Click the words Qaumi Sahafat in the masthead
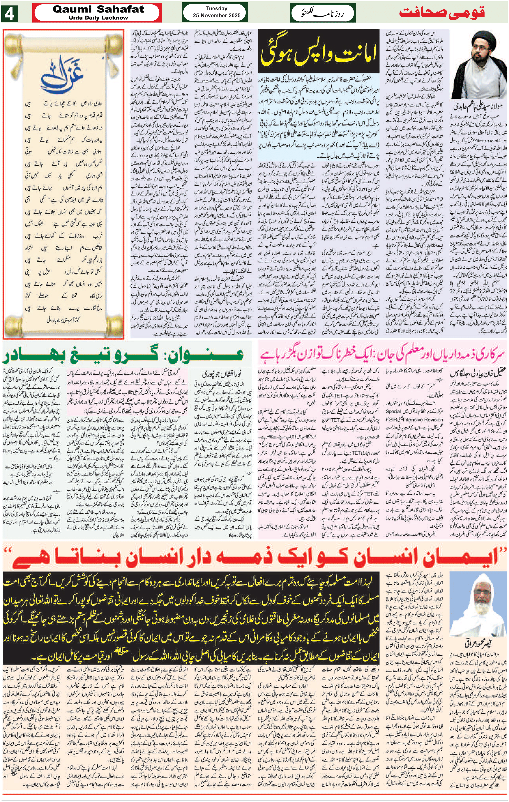98,9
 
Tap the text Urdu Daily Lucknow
98,18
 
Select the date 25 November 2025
216,15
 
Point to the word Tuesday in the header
216,8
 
